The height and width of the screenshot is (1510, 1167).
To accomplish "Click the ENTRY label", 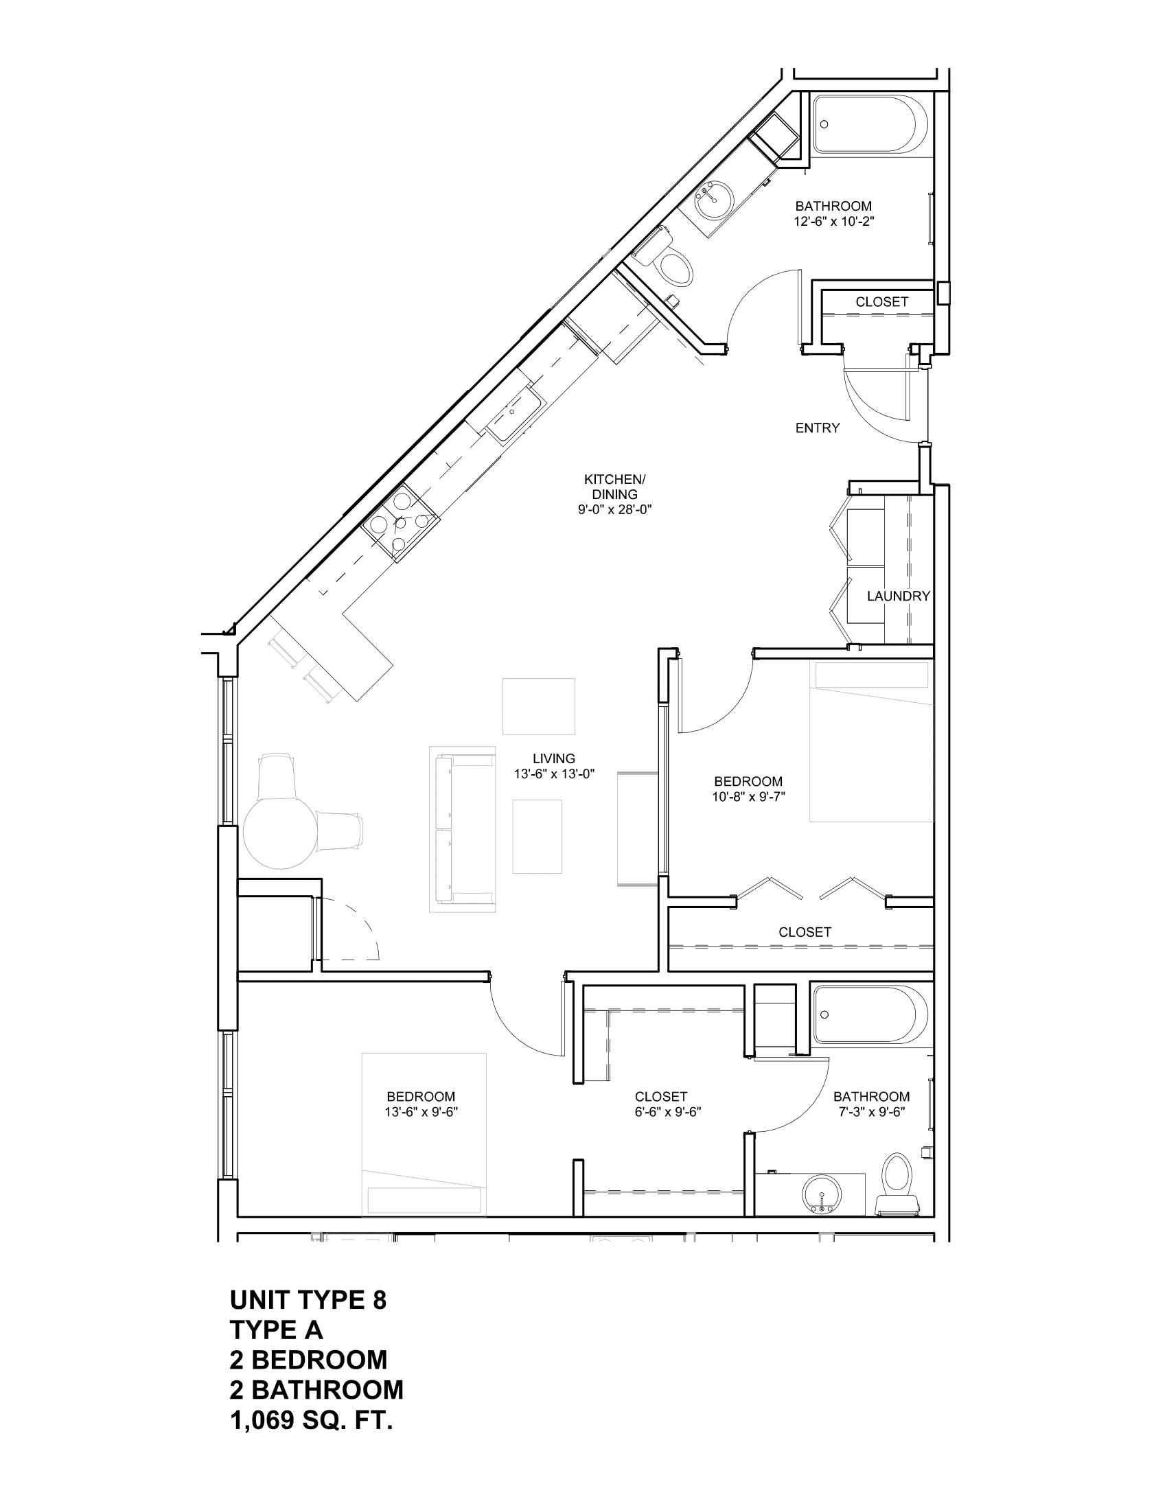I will coord(817,428).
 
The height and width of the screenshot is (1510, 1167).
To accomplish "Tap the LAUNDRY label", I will coord(898,596).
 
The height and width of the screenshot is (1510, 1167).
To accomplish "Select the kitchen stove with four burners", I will coord(400,523).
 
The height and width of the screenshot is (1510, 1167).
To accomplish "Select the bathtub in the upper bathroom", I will coord(868,124).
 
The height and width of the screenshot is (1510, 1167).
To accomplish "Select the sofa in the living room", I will coord(462,830).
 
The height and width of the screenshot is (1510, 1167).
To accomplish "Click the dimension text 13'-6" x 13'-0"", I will coord(554,774).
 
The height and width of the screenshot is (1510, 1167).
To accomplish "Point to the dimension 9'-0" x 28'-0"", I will coord(614,509).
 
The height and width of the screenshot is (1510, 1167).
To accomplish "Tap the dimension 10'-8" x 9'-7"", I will coord(749,796).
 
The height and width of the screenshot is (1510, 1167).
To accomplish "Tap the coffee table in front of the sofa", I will coord(537,837).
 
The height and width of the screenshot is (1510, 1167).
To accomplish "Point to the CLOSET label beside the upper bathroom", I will coord(881,302).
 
